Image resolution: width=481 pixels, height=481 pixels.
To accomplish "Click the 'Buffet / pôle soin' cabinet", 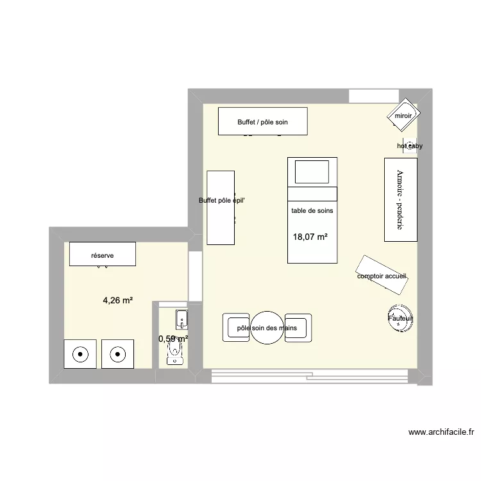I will [262, 121].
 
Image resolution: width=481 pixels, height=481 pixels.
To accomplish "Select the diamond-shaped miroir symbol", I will [403, 116].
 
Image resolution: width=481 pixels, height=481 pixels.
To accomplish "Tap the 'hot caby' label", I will [410, 146].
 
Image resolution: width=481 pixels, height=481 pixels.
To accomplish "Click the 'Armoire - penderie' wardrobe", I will [400, 200].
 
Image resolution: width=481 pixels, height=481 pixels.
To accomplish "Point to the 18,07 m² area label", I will [310, 237].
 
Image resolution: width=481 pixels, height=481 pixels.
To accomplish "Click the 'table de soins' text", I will [312, 210].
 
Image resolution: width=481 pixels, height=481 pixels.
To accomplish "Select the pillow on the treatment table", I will [312, 172].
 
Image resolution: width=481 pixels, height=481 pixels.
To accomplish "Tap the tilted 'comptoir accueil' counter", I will [382, 276].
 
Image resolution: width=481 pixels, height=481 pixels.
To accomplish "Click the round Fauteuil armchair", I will [400, 318].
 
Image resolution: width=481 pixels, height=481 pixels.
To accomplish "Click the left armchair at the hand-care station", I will [235, 328].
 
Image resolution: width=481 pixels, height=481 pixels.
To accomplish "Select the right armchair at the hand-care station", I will [298, 328].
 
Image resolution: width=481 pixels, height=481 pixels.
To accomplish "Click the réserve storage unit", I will [103, 254].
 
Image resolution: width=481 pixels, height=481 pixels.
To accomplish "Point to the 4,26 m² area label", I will [118, 300].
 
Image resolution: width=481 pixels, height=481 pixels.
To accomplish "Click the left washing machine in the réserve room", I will [81, 353].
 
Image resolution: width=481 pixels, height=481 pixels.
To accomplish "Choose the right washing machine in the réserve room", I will [117, 353].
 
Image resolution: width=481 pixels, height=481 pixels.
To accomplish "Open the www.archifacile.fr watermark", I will [441, 433].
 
